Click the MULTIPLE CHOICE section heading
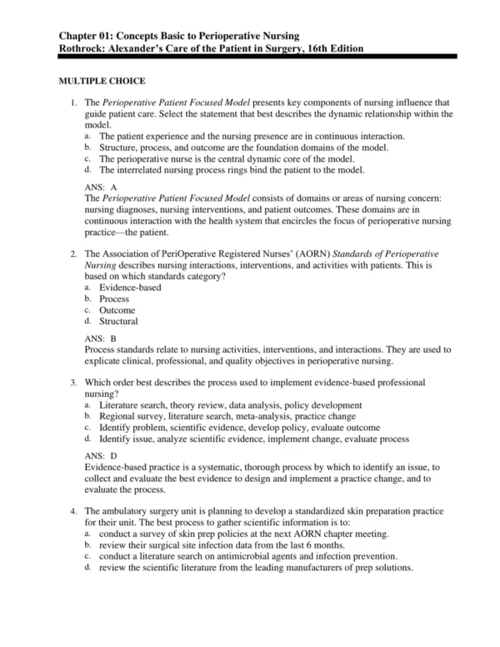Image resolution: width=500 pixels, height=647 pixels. [x=101, y=81]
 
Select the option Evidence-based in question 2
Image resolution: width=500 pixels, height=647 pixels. [x=130, y=287]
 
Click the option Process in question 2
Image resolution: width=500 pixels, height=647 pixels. [x=114, y=298]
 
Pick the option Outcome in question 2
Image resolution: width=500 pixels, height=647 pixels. [x=117, y=310]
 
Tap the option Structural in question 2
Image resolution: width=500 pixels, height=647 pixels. [x=118, y=322]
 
